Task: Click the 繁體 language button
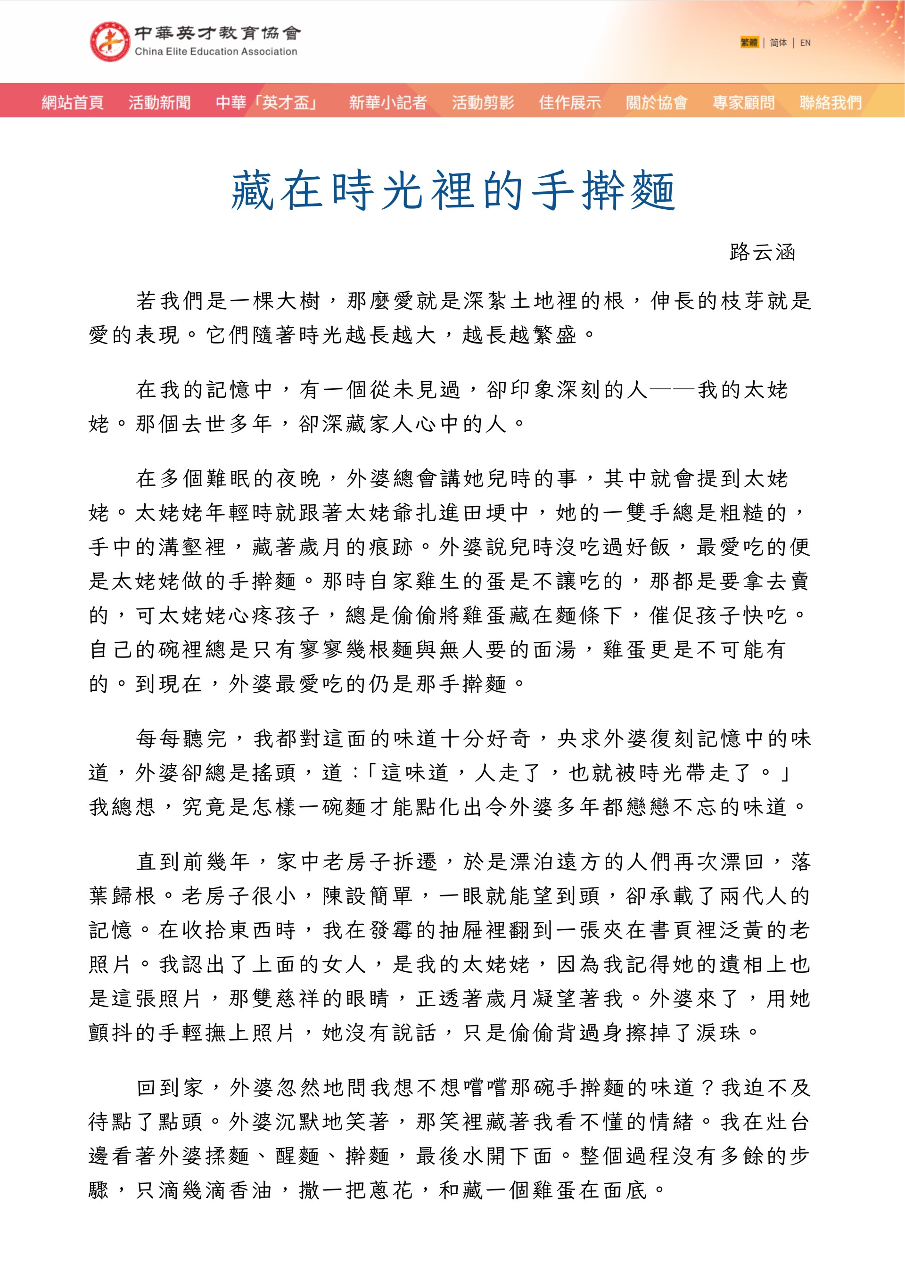point(749,42)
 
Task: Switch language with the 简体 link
point(778,42)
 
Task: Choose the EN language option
point(805,42)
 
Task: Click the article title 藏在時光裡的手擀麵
point(453,191)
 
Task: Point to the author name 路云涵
point(762,253)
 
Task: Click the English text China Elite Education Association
point(216,52)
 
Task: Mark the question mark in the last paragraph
point(707,1088)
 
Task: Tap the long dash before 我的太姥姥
point(672,390)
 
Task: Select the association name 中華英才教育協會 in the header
point(217,33)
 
